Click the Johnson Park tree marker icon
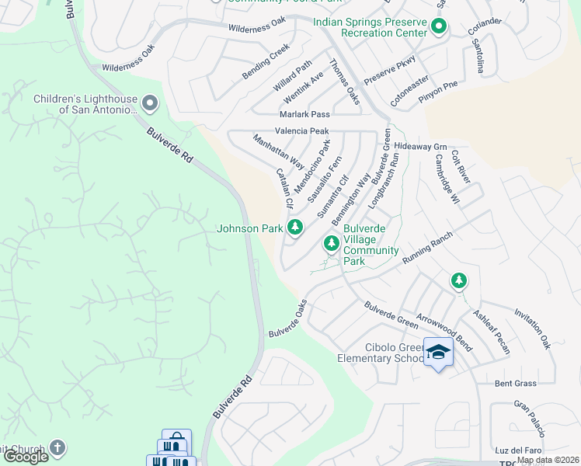coord(294,228)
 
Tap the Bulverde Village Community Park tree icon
coord(332,245)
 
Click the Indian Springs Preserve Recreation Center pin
coord(438,27)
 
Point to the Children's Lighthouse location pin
coord(149,103)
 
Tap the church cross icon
coord(57,447)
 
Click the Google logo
coord(25,457)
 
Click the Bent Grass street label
coord(516,384)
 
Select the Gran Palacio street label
coord(529,419)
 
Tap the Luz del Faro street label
coord(517,450)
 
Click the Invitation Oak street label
coord(532,330)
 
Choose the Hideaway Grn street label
coord(421,146)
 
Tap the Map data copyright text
coord(548,460)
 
